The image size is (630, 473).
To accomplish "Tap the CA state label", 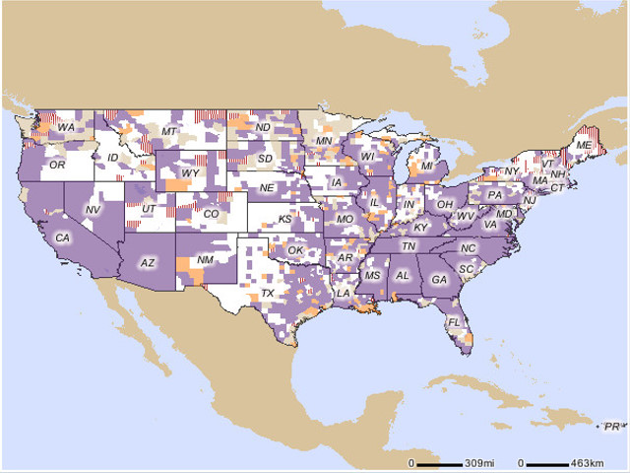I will coord(62,237).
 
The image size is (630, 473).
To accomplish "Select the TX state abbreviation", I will coord(267,294).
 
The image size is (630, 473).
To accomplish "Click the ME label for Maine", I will coord(584,145).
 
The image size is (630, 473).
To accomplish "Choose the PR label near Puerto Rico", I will coord(612,426).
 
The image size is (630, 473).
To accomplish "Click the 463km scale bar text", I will coord(588,462).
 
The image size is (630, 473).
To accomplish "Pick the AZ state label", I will coord(148,263).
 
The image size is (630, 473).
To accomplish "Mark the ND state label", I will coord(263,128).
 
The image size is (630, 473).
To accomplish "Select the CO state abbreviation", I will coord(211,213).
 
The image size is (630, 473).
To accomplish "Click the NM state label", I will coord(206,259).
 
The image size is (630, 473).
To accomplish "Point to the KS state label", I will coord(284,219).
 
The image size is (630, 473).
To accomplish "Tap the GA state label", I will coord(439,279).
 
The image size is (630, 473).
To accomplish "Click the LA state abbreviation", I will coord(345,293).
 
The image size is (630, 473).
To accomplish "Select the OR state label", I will coord(57,167).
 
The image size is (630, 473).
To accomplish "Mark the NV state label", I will coord(94,210).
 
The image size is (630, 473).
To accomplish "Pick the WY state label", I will coord(191,173).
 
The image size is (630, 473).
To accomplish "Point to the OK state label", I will coord(296,250).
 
